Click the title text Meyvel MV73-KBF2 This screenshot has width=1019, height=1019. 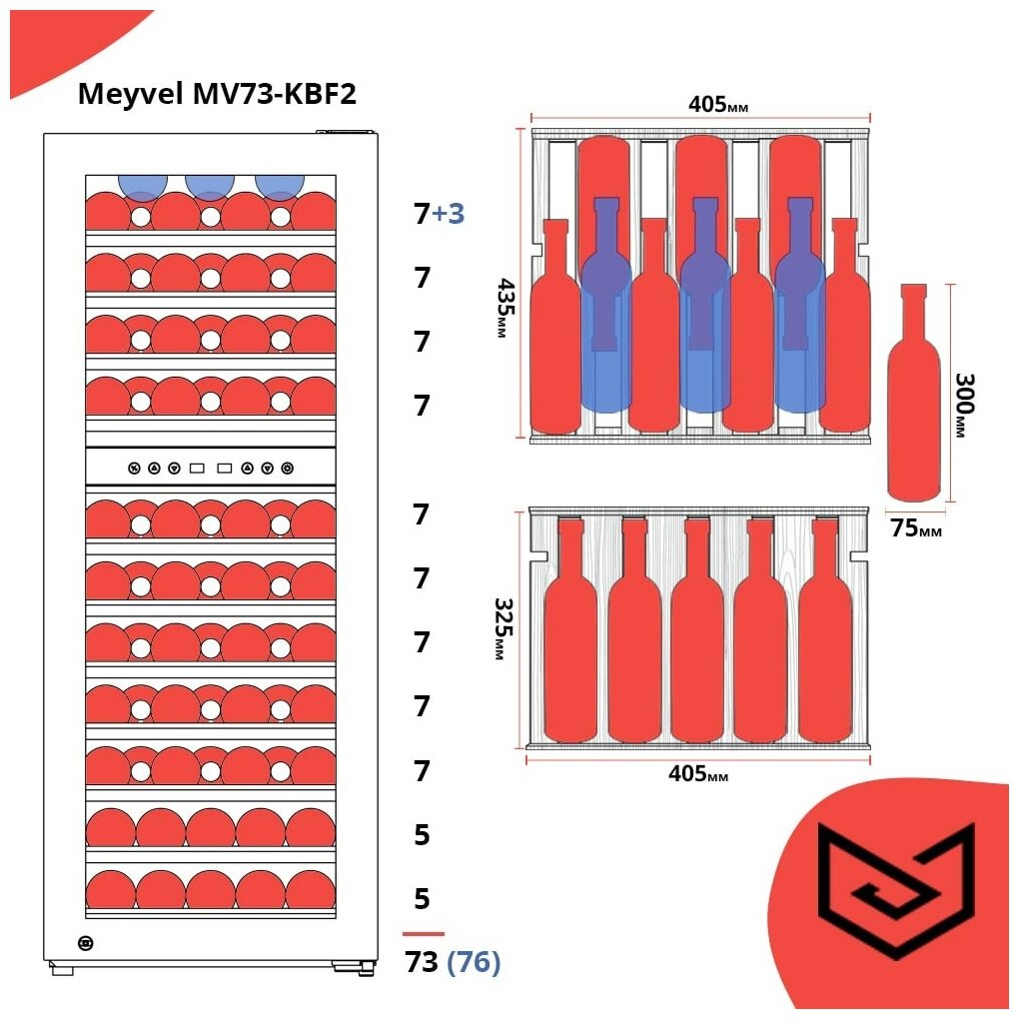[217, 94]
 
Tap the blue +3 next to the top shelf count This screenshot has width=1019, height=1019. [448, 214]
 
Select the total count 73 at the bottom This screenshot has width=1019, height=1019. [422, 962]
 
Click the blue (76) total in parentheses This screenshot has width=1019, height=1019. [474, 962]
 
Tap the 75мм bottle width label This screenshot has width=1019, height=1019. [915, 528]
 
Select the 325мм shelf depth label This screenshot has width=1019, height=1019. [503, 629]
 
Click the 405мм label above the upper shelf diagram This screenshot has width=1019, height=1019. [718, 105]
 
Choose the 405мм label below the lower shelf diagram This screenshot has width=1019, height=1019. [697, 774]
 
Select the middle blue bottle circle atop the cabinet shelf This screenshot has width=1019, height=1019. [209, 187]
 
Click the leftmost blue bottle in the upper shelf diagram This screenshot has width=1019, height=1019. [605, 310]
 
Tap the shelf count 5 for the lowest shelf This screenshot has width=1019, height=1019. [422, 898]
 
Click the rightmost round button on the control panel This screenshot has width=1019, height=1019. [288, 468]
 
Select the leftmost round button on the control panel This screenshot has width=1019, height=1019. [134, 468]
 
